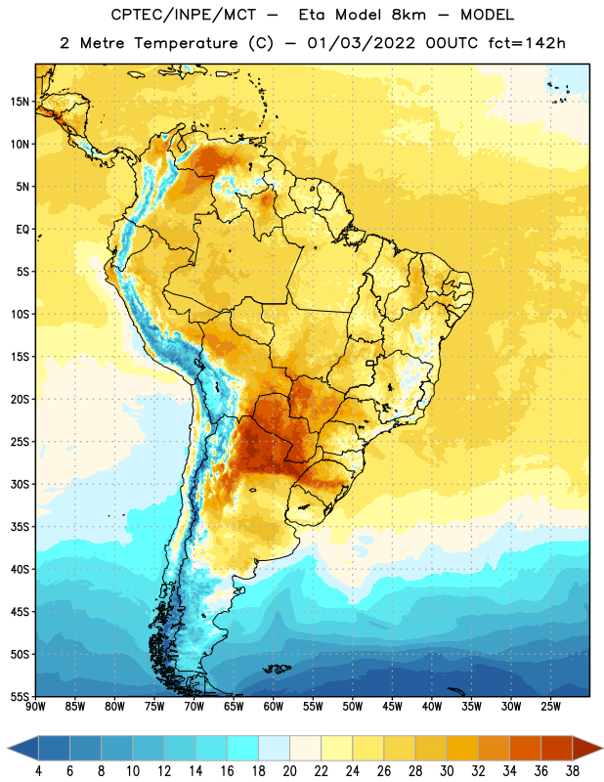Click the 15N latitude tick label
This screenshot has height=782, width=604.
20,102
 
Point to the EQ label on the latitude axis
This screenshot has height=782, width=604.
22,230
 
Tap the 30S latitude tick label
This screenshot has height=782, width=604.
20,485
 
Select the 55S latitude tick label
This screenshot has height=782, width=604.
20,697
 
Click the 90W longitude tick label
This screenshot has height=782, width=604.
35,707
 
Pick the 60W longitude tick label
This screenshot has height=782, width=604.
274,707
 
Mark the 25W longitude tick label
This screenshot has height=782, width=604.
550,707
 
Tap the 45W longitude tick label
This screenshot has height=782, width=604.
393,707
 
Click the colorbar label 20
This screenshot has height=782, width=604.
289,771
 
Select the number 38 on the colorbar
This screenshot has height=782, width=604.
573,771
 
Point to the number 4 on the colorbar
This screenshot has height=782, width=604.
39,771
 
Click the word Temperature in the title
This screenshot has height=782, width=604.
186,43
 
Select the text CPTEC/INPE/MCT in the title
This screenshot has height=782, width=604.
184,15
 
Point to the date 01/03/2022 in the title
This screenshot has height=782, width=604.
361,43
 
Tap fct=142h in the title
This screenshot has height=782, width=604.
527,43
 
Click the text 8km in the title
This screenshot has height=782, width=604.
410,15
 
